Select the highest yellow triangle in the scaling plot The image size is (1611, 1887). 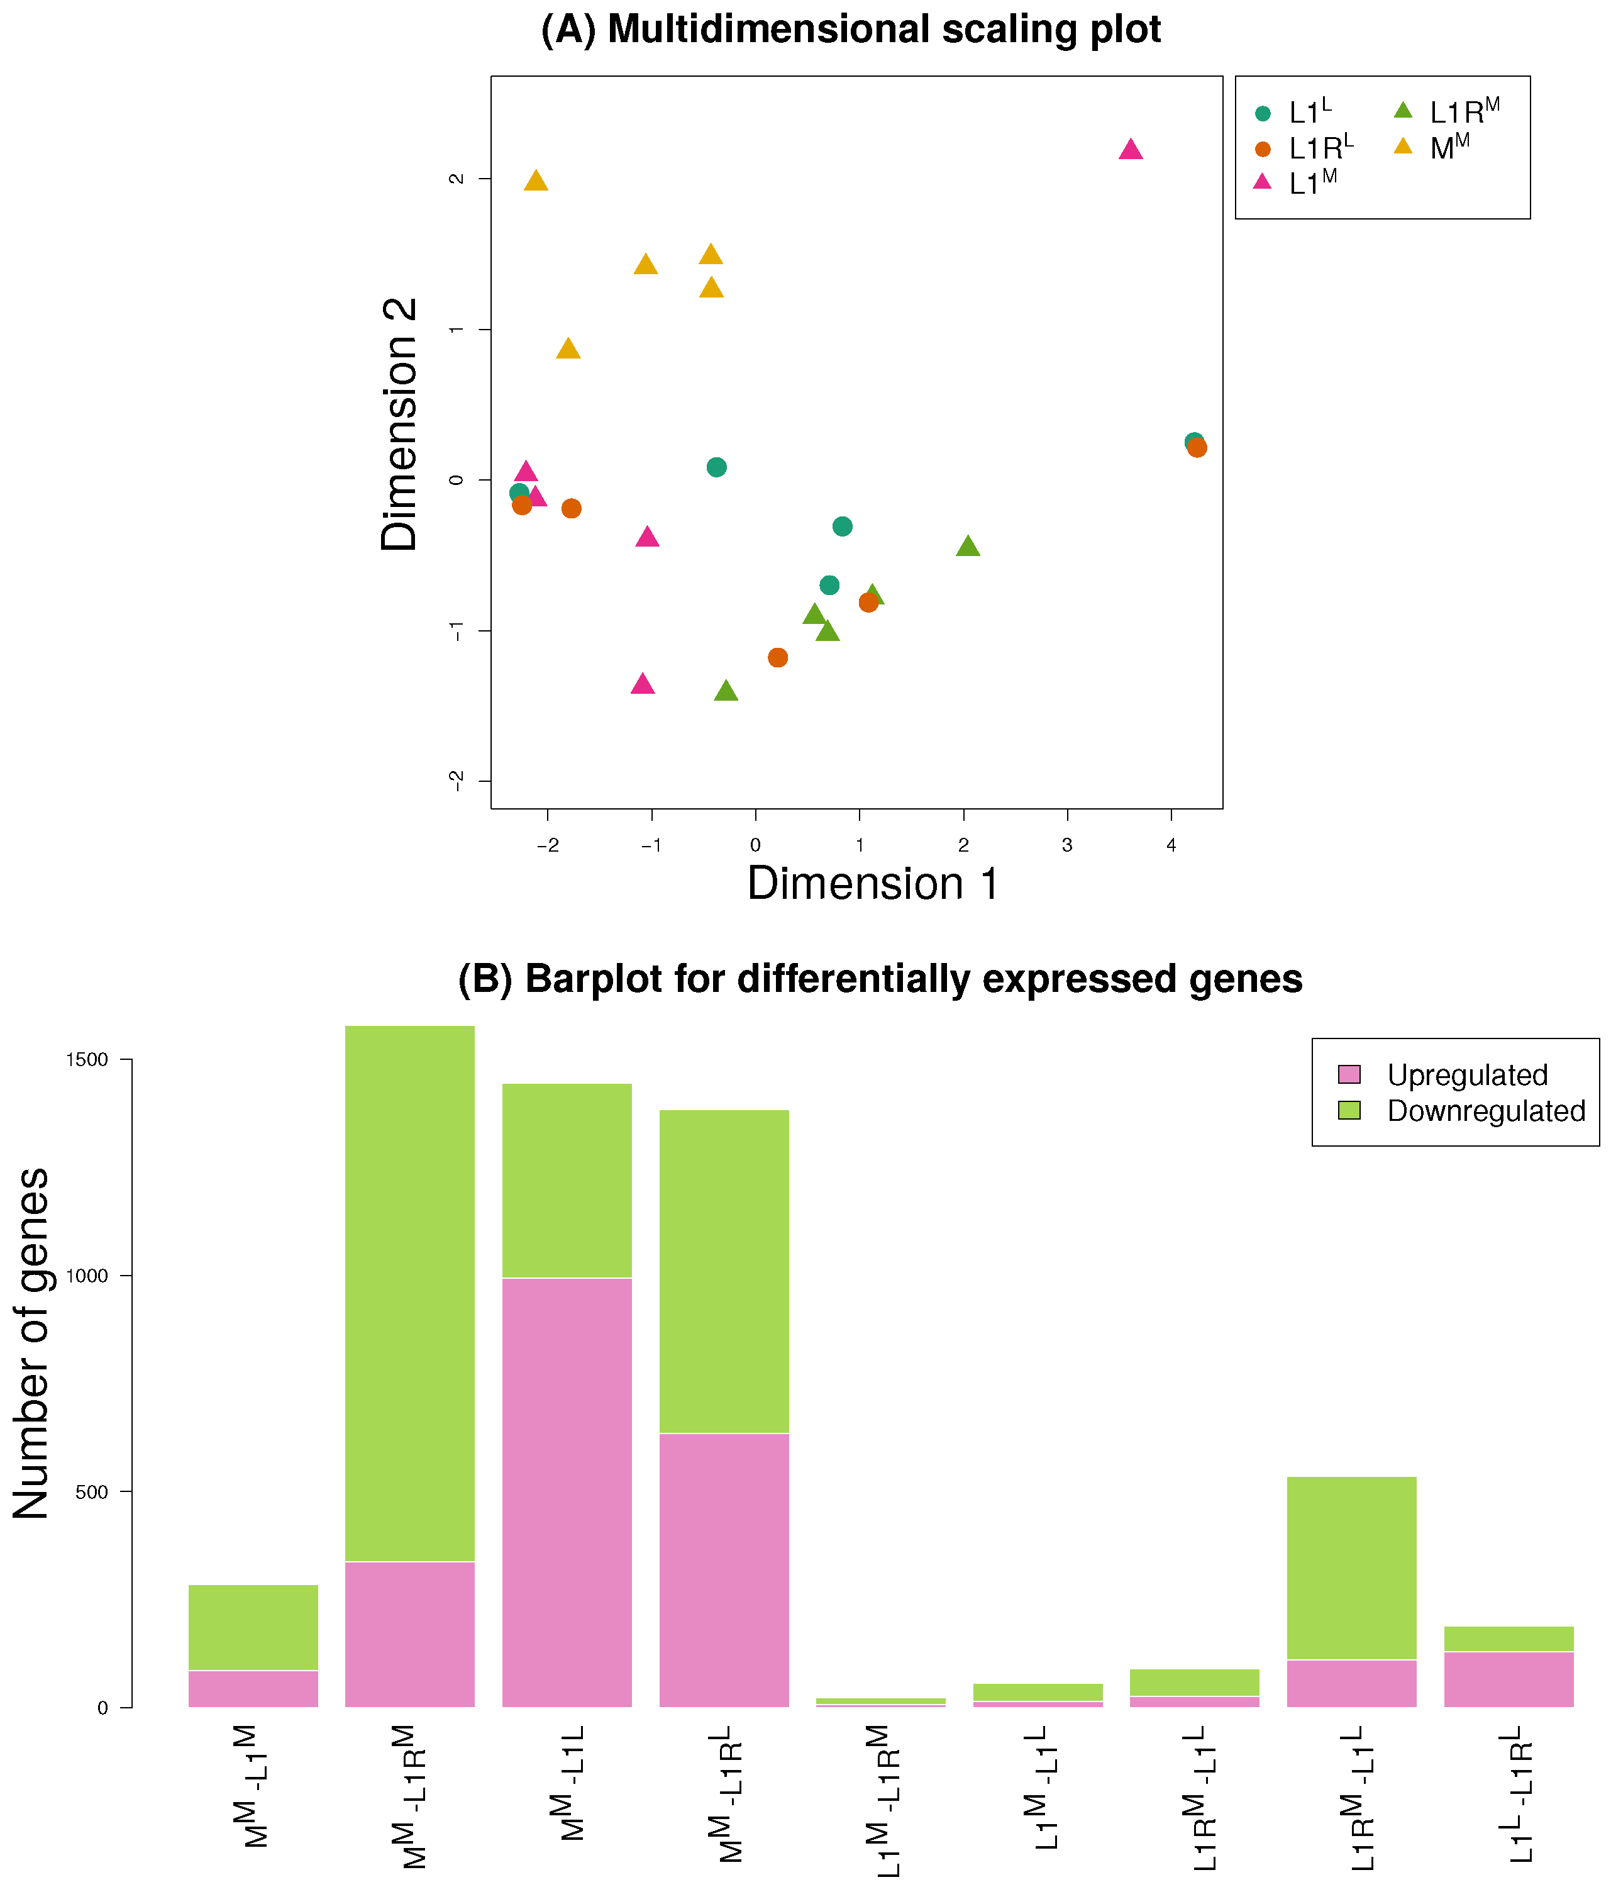tap(536, 181)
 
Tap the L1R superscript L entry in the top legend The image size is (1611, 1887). tap(1320, 148)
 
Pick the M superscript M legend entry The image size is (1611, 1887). tap(1448, 147)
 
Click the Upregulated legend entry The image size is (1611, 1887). tap(1466, 1074)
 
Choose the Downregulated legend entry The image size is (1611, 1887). tap(1485, 1111)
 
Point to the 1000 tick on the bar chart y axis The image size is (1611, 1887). tap(87, 1276)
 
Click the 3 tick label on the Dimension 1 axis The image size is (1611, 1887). tap(1066, 845)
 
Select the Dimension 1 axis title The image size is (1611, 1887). tap(872, 883)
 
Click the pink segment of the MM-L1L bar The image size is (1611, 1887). tap(567, 1494)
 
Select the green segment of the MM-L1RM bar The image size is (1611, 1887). tap(410, 1293)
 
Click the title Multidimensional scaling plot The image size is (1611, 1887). tap(851, 29)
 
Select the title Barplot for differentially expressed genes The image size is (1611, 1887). tap(880, 979)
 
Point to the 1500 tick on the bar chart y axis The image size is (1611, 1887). tap(87, 1060)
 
